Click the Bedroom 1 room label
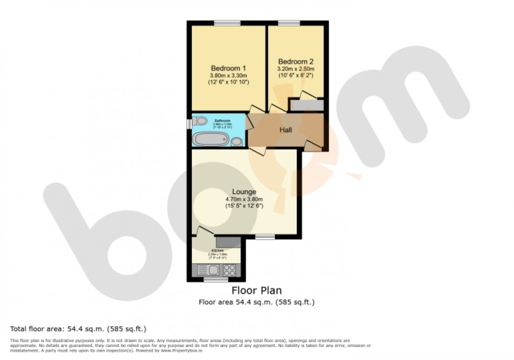pyautogui.click(x=228, y=68)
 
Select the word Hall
pyautogui.click(x=285, y=130)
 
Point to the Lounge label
pyautogui.click(x=244, y=192)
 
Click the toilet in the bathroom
pyautogui.click(x=199, y=121)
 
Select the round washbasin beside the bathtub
pyautogui.click(x=237, y=141)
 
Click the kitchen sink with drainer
pyautogui.click(x=208, y=270)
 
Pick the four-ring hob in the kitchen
pyautogui.click(x=229, y=270)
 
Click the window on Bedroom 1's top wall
pyautogui.click(x=227, y=23)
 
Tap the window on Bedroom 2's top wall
pyautogui.click(x=289, y=23)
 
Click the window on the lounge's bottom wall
pyautogui.click(x=265, y=237)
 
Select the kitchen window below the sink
pyautogui.click(x=212, y=280)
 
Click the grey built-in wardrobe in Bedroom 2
pyautogui.click(x=306, y=105)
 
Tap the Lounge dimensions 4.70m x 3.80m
pyautogui.click(x=244, y=199)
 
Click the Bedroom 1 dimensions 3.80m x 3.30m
pyautogui.click(x=228, y=76)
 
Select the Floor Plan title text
pyautogui.click(x=256, y=291)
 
